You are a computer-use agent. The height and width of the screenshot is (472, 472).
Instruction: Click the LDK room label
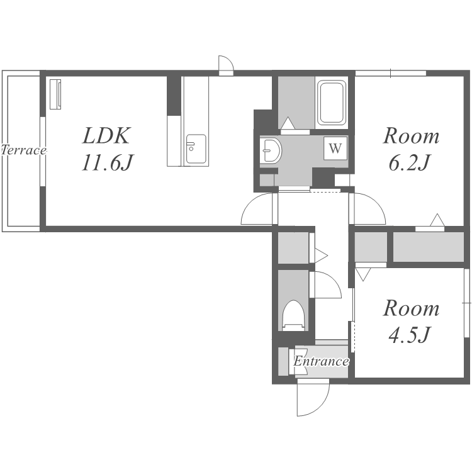(x=106, y=136)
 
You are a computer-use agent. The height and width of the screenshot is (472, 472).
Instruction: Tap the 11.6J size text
(x=107, y=162)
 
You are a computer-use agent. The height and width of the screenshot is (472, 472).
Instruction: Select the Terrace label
(x=24, y=150)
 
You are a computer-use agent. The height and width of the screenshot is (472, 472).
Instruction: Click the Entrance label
(x=321, y=361)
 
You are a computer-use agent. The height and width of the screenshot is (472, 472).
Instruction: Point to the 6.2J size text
(x=408, y=162)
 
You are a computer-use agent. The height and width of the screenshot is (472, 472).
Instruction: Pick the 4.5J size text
(x=408, y=335)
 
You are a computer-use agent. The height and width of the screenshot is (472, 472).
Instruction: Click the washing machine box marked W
(x=335, y=148)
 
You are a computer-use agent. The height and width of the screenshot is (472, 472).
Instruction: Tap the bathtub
(x=332, y=103)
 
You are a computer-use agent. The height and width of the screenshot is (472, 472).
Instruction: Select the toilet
(x=293, y=315)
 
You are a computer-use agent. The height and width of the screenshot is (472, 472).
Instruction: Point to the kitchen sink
(x=196, y=149)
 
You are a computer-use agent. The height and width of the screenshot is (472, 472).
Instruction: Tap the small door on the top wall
(x=226, y=65)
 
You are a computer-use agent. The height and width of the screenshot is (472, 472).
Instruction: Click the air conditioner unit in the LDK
(x=55, y=94)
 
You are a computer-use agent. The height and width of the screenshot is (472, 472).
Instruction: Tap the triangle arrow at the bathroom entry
(x=288, y=123)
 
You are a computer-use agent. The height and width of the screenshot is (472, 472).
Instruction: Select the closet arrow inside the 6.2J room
(x=437, y=220)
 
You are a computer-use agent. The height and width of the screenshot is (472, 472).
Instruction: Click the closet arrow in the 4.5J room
(x=363, y=274)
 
